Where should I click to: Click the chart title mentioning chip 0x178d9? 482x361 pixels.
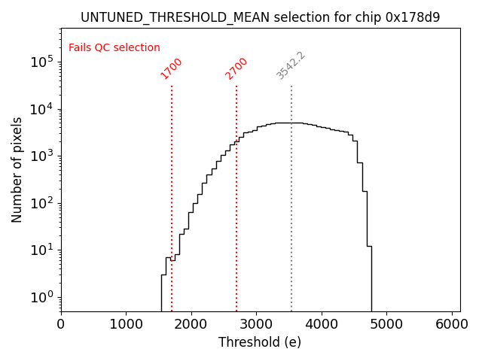click(x=260, y=17)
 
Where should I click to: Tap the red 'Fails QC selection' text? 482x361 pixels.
click(x=114, y=48)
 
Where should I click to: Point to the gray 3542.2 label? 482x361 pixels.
click(x=291, y=66)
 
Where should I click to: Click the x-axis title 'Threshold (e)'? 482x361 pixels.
click(x=260, y=342)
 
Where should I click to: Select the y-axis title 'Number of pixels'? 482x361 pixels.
click(x=17, y=170)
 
